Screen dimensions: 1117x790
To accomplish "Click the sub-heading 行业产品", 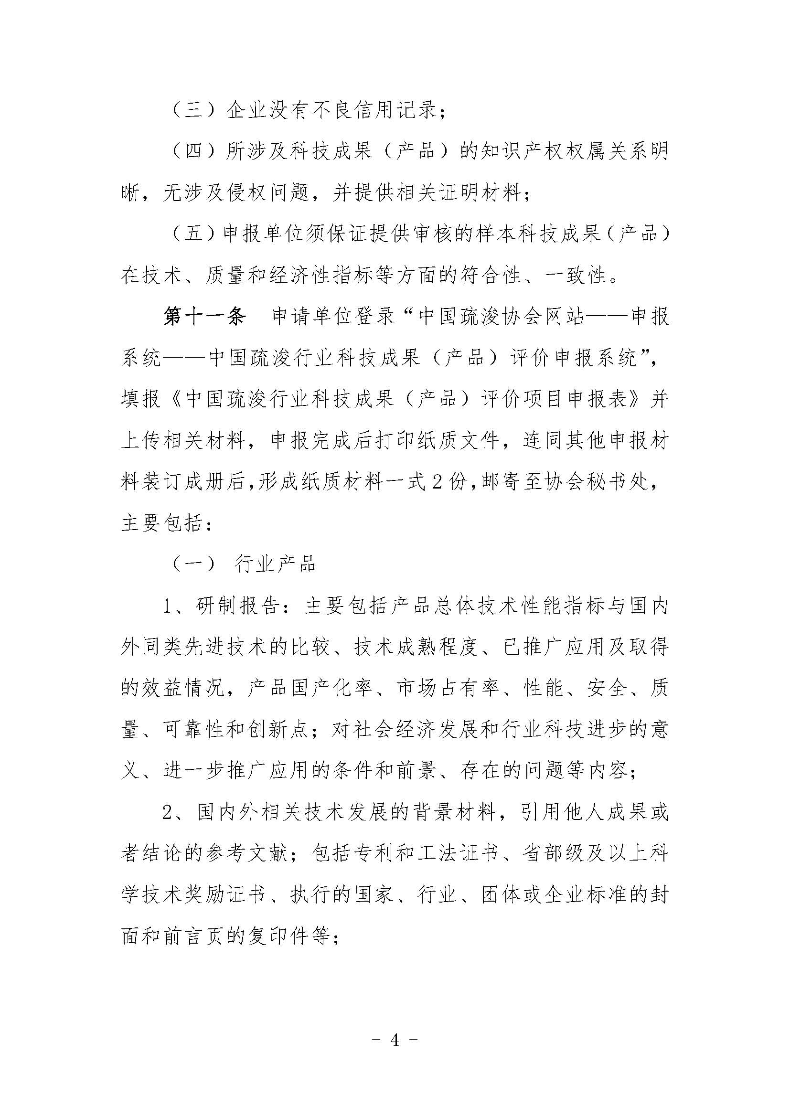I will click(275, 564).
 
